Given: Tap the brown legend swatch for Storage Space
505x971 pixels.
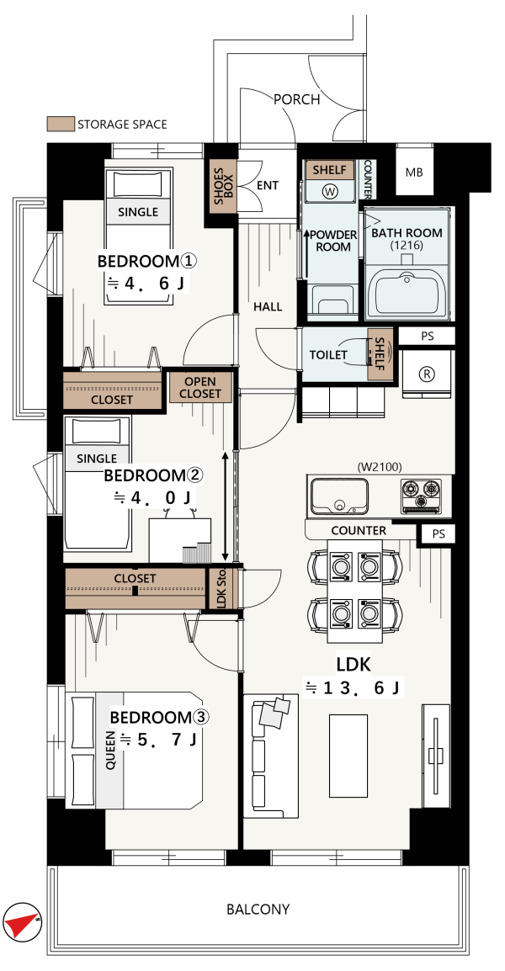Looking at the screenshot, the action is [61, 124].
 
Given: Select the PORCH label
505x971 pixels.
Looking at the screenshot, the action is [297, 99].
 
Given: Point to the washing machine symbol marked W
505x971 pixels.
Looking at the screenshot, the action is [330, 191].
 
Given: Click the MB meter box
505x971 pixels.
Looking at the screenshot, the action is [414, 172].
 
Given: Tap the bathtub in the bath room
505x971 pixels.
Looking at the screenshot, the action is [408, 295].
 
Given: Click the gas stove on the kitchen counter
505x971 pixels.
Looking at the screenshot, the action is [421, 496].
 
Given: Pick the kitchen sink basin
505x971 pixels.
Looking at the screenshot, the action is [339, 496].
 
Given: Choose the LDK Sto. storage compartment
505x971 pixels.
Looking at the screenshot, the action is [222, 587].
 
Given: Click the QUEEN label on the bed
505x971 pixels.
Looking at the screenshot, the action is [111, 750].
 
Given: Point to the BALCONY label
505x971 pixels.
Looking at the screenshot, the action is [258, 910].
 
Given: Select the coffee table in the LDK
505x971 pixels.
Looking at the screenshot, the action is [348, 756].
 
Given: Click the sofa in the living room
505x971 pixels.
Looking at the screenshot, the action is [271, 756].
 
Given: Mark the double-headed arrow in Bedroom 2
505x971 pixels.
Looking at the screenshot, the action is [225, 506].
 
